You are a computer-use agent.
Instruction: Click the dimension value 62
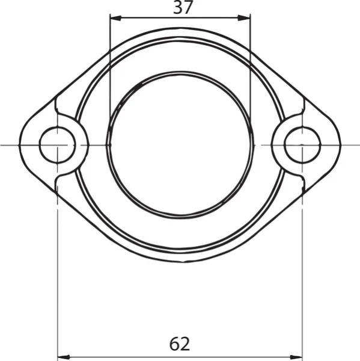(180, 344)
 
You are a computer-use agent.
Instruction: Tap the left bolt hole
(57, 145)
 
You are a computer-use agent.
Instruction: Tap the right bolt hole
(302, 145)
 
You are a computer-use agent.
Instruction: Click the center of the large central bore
(180, 144)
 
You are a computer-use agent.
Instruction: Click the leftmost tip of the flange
(19, 145)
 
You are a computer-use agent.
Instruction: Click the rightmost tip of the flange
(341, 145)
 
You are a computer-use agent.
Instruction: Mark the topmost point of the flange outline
(180, 28)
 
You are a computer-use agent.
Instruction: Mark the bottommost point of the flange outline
(180, 262)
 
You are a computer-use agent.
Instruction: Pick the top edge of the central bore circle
(180, 72)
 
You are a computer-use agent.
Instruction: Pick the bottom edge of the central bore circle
(180, 217)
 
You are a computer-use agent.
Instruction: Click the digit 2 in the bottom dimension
(186, 344)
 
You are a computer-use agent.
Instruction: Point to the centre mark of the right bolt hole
(302, 145)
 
